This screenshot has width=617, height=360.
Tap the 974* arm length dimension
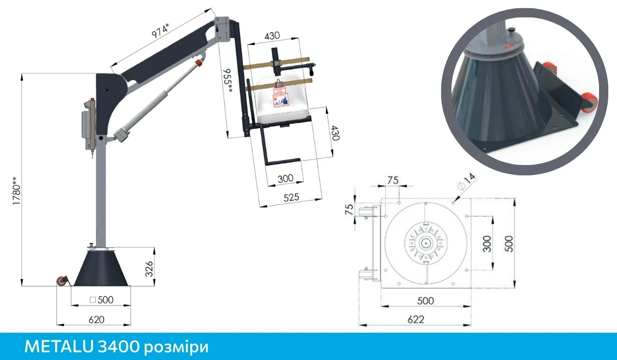[160, 28]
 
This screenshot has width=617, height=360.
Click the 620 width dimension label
[96, 319]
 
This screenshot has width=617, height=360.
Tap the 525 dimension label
[291, 197]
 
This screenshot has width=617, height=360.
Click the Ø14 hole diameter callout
[466, 183]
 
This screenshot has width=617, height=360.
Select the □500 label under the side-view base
[101, 300]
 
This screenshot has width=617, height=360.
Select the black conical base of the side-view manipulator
[101, 267]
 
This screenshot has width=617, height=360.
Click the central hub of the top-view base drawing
[426, 243]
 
